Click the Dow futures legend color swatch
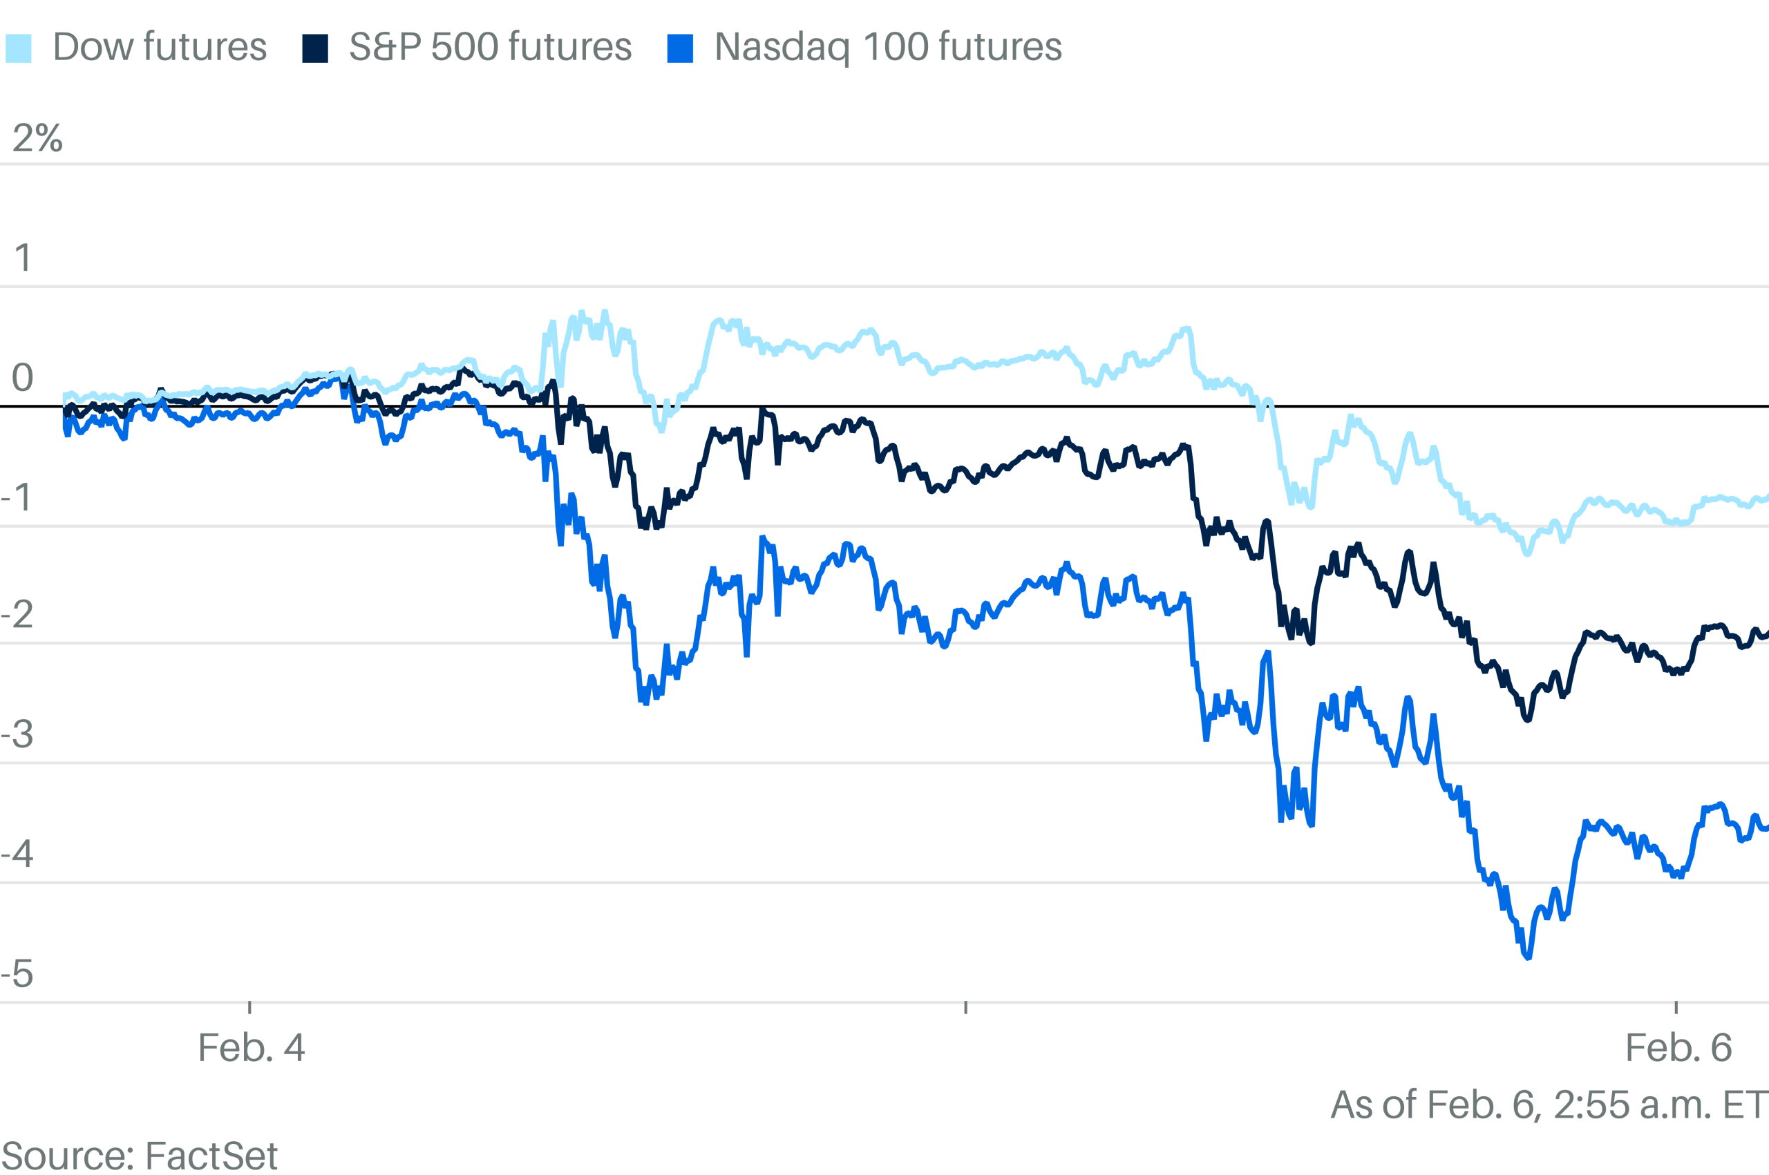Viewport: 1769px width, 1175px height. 19,48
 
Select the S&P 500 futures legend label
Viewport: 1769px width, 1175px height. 490,47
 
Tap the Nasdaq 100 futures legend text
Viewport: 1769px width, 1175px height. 887,47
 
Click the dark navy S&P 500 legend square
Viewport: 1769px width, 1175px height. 315,48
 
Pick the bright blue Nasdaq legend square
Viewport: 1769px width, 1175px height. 680,48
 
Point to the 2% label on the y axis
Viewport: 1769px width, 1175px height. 37,138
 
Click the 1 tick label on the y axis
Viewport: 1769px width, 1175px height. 23,258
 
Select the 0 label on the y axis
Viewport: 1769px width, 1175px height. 23,377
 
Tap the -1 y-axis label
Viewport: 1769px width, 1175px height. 17,497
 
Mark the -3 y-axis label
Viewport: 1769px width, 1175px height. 17,734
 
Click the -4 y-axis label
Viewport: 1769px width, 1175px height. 17,854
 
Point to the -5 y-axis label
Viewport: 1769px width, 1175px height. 17,973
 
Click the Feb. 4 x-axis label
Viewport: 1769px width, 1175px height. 251,1048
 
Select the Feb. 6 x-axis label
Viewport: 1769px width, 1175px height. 1678,1048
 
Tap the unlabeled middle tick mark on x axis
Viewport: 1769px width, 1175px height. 965,1007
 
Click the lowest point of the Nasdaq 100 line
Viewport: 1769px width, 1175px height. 1528,957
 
